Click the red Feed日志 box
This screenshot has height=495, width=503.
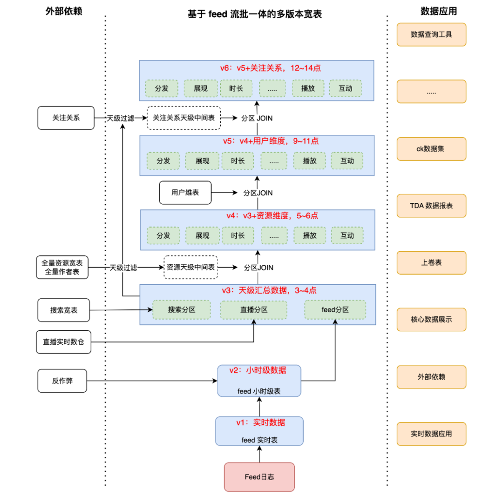[x=259, y=477]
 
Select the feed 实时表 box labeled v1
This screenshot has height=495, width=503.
[x=259, y=431]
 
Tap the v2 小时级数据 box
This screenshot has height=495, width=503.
[x=259, y=381]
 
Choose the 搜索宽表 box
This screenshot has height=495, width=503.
[x=63, y=310]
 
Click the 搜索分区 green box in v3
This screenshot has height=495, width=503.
[x=182, y=309]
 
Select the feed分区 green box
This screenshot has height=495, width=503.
[x=335, y=309]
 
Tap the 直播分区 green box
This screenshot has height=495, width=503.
[x=254, y=309]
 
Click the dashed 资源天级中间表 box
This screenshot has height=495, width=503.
[x=191, y=267]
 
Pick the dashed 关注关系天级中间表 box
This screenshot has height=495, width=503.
[x=184, y=118]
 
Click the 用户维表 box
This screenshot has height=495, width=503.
[x=185, y=192]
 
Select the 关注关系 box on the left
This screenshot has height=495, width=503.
[x=66, y=118]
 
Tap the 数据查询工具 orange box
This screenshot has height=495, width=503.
[x=431, y=34]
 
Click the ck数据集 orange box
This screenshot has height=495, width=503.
[x=431, y=149]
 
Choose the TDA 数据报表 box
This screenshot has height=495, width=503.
[x=431, y=206]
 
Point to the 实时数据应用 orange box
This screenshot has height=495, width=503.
[x=431, y=434]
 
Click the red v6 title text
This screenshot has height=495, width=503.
[x=271, y=68]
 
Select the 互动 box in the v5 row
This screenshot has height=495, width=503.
[x=347, y=161]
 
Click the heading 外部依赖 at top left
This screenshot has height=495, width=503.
[x=64, y=12]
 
